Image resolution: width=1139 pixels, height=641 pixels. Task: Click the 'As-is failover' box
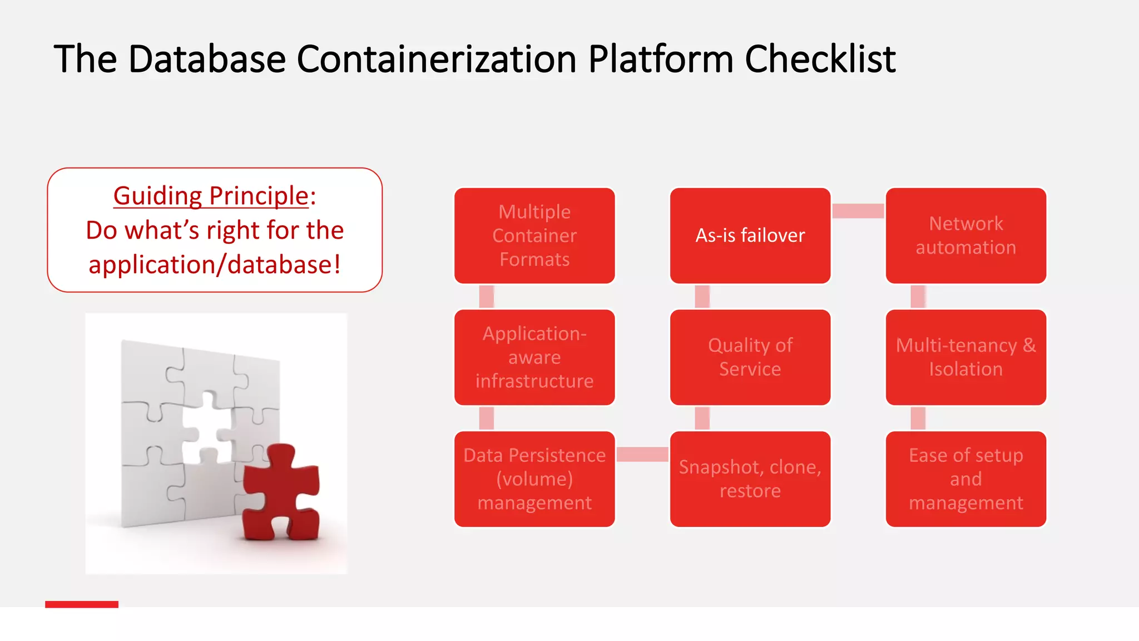(x=750, y=235)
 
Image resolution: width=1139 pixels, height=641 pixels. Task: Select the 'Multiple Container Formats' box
(x=534, y=235)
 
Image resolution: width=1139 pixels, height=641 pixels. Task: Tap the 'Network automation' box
(x=965, y=235)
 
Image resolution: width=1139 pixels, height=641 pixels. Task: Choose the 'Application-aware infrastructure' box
(x=534, y=357)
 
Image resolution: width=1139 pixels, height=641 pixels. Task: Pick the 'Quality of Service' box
(x=750, y=357)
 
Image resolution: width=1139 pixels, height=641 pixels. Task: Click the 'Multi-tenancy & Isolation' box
(x=965, y=357)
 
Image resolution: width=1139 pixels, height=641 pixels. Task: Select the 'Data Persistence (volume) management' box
(x=534, y=479)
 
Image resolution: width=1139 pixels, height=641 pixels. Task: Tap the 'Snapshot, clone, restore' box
(x=750, y=479)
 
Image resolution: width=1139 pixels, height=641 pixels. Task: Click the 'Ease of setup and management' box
(x=965, y=479)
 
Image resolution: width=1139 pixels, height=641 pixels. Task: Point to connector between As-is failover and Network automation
(x=858, y=211)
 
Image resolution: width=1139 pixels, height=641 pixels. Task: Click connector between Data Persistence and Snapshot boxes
(x=642, y=454)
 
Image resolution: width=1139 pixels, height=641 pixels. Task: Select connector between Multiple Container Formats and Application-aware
(x=487, y=297)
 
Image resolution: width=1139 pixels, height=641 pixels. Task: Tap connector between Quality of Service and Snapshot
(x=702, y=418)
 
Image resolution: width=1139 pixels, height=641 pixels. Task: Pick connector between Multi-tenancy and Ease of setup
(x=918, y=418)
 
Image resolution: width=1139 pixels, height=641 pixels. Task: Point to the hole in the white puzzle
(x=207, y=428)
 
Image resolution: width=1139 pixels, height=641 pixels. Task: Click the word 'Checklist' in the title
(x=820, y=59)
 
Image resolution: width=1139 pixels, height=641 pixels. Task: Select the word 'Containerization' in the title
(x=437, y=59)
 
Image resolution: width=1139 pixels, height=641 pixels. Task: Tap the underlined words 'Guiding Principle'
(x=211, y=196)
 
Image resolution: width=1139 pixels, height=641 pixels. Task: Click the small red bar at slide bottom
(x=82, y=604)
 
